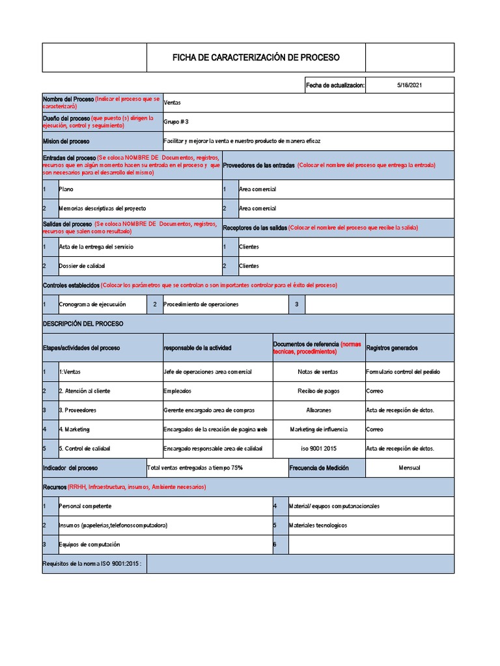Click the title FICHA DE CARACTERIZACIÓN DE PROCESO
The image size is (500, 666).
(256, 58)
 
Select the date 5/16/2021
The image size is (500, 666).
(409, 85)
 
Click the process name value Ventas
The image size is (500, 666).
(173, 103)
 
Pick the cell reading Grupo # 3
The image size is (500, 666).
(176, 122)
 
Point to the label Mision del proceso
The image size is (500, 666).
(66, 141)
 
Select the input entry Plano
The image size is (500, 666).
(66, 189)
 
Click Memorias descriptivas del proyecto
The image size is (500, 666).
(102, 209)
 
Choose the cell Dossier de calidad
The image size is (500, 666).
(81, 266)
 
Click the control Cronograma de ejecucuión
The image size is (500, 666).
(92, 304)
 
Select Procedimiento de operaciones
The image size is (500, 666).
(201, 304)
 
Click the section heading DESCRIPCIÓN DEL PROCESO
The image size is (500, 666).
(83, 323)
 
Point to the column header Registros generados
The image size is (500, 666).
(392, 348)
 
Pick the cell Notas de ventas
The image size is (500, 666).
(318, 372)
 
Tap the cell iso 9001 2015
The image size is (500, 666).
(318, 449)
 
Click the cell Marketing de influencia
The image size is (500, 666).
(318, 429)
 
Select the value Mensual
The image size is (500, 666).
(409, 468)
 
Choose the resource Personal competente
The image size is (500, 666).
(85, 506)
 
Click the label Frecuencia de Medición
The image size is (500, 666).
(319, 468)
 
